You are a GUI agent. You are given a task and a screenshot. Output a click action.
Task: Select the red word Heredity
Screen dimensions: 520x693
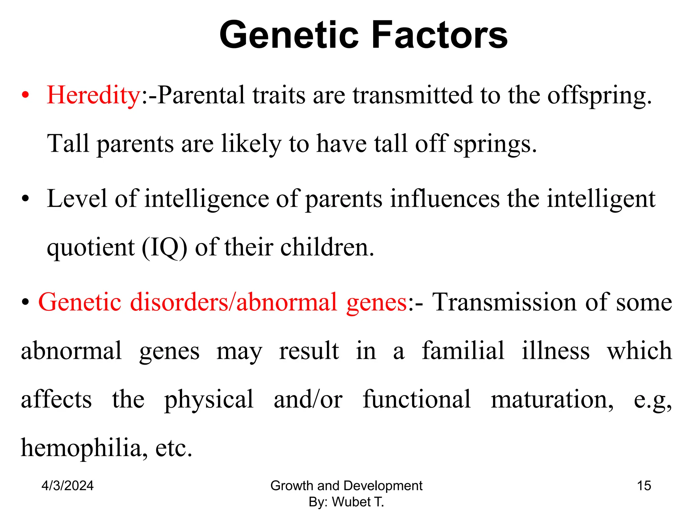94,95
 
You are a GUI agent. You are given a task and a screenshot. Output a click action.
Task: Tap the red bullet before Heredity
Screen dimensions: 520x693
25,96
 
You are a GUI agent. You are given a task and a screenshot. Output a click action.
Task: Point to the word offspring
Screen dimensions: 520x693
599,96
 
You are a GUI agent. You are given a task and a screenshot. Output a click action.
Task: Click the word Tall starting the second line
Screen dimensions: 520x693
68,144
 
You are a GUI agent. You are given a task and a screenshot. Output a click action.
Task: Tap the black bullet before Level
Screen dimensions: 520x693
25,199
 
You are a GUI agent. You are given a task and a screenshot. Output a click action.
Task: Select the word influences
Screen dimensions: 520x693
445,199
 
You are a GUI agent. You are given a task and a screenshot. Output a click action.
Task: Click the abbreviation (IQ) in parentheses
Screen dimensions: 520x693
164,248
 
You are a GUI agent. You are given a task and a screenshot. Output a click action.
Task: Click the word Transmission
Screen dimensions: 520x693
505,302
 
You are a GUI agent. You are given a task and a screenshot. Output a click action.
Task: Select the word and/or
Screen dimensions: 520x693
308,399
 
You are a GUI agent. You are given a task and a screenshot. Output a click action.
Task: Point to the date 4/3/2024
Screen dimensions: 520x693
67,485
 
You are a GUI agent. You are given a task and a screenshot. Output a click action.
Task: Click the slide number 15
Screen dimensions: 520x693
644,485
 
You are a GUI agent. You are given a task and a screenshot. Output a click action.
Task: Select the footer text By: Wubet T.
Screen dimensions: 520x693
346,502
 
